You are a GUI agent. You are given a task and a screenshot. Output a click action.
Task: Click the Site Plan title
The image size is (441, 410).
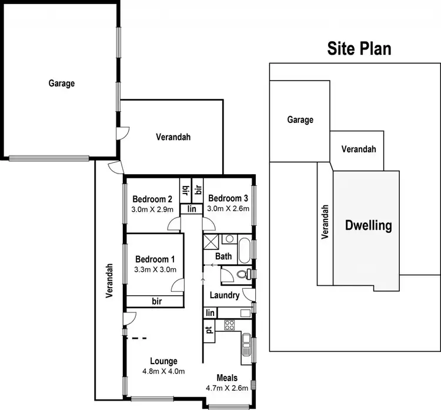[x=358, y=48]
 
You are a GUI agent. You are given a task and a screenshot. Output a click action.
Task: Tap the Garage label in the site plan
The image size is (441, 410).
[x=300, y=119]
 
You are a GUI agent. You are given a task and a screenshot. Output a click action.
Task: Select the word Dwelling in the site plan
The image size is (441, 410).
[x=368, y=225]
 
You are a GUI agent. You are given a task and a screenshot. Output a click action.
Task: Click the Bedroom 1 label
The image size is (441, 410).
[x=155, y=259]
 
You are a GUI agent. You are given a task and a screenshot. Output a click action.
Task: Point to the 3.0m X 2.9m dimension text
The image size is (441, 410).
[x=152, y=208]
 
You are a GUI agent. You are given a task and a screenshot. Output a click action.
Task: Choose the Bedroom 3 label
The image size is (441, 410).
[x=229, y=198]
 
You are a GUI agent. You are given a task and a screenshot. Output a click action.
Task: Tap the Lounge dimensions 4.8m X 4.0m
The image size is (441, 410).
[x=163, y=371]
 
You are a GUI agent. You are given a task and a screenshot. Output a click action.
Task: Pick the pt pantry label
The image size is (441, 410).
[x=209, y=329]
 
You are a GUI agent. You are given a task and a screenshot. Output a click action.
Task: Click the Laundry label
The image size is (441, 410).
[x=224, y=295]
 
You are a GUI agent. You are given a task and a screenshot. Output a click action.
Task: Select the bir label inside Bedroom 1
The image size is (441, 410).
[x=156, y=301]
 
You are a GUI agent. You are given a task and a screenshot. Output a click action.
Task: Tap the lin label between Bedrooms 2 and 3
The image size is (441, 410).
[x=191, y=209]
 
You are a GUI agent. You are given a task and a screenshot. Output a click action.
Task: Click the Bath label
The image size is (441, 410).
[x=223, y=256]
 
